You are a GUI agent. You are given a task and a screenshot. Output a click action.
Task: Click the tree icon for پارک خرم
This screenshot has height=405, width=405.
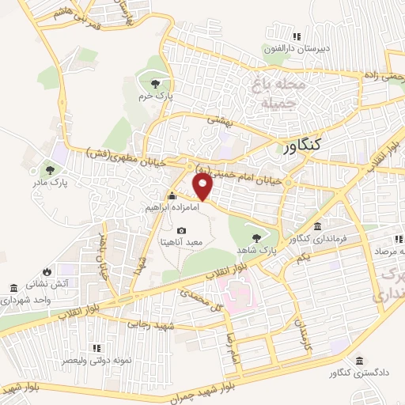pyautogui.click(x=156, y=84)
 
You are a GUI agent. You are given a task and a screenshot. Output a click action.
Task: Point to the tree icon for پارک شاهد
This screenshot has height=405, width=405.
pyautogui.click(x=255, y=237)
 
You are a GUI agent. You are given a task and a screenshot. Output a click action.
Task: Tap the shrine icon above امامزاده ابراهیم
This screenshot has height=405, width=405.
pyautogui.click(x=170, y=195)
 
